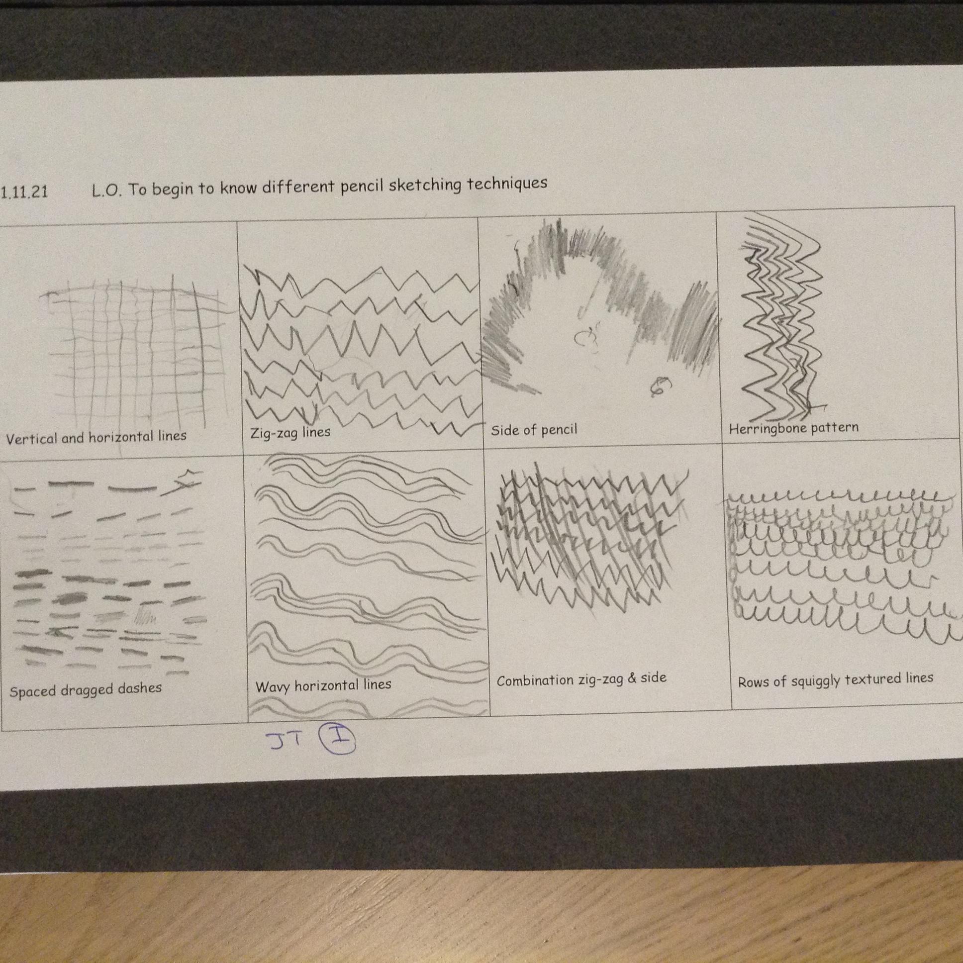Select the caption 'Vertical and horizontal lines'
click(x=96, y=437)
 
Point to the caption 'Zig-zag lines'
click(x=290, y=433)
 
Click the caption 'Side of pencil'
click(x=534, y=430)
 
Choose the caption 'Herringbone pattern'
click(x=793, y=428)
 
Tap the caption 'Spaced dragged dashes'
click(x=86, y=690)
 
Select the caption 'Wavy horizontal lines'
click(x=323, y=686)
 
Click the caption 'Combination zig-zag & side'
click(x=581, y=680)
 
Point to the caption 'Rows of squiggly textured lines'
click(x=835, y=680)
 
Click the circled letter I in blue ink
click(x=337, y=740)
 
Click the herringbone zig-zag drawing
click(x=781, y=319)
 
